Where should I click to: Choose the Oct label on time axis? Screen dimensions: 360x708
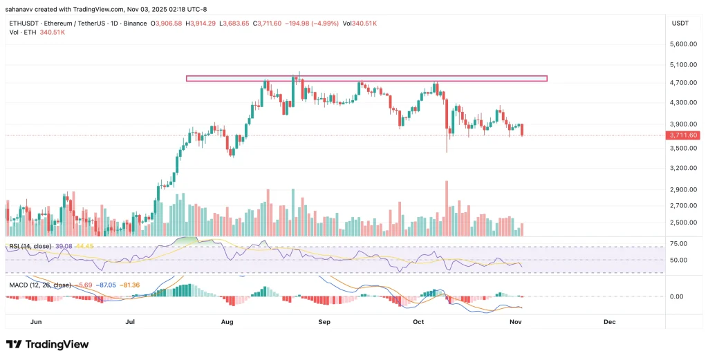tap(418, 322)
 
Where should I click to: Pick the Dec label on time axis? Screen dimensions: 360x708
tap(609, 322)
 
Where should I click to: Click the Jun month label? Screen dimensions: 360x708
tap(37, 322)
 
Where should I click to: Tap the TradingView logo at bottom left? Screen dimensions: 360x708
tap(47, 344)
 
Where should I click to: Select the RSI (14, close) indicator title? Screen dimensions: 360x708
tap(32, 246)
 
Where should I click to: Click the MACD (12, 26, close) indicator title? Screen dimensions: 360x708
tap(39, 285)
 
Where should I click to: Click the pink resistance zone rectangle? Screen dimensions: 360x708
tap(366, 78)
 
